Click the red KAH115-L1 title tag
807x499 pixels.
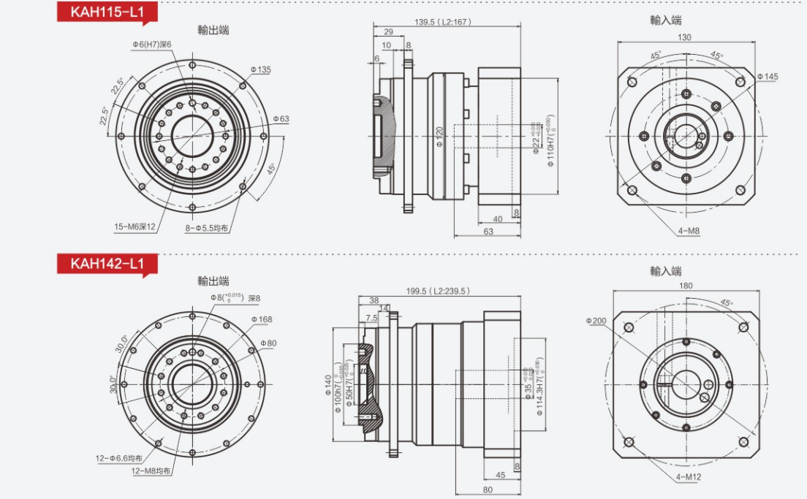click(106, 12)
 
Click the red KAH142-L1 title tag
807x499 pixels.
click(106, 263)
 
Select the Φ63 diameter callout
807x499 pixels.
click(281, 118)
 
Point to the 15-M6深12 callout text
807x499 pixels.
click(134, 226)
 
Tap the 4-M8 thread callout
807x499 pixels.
click(689, 231)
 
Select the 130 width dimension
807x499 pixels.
click(684, 37)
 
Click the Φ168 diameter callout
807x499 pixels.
click(261, 319)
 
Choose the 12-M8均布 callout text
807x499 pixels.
click(151, 471)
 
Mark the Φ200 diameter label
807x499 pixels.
click(596, 320)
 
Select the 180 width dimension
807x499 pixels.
click(686, 286)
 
